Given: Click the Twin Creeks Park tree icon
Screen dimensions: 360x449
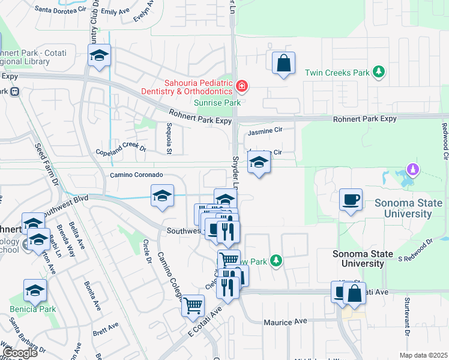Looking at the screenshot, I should pos(378,73).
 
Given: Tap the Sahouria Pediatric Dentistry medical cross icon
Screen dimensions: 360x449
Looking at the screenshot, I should pos(241,86).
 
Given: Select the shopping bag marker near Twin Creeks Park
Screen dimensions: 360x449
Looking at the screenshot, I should pos(283,63).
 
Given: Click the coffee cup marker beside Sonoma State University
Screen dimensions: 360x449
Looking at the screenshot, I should pos(351,199).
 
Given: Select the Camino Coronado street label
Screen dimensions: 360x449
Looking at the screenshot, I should pos(136,175).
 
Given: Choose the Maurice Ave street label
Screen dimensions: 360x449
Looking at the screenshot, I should pos(286,322).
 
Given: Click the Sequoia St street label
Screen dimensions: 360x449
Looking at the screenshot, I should pos(169,139).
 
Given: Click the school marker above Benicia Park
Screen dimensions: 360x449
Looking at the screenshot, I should pos(35,291).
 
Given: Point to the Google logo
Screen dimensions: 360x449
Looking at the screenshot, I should pos(20,353).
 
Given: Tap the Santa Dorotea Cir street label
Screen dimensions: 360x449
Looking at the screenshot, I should pos(60,9).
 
